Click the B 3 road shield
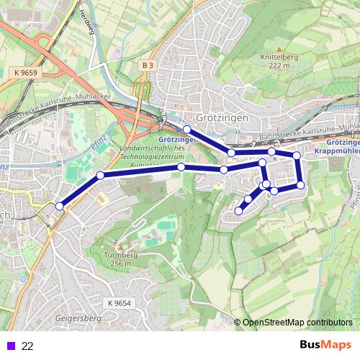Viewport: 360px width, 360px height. click(148, 65)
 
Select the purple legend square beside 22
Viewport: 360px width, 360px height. click(10, 346)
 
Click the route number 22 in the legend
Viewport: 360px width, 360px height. click(28, 346)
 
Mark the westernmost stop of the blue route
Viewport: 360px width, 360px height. click(59, 207)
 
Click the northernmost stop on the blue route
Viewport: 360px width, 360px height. click(186, 129)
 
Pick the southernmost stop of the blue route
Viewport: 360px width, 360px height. click(239, 211)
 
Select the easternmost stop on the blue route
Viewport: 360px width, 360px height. click(301, 185)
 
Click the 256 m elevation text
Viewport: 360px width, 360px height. click(120, 264)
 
